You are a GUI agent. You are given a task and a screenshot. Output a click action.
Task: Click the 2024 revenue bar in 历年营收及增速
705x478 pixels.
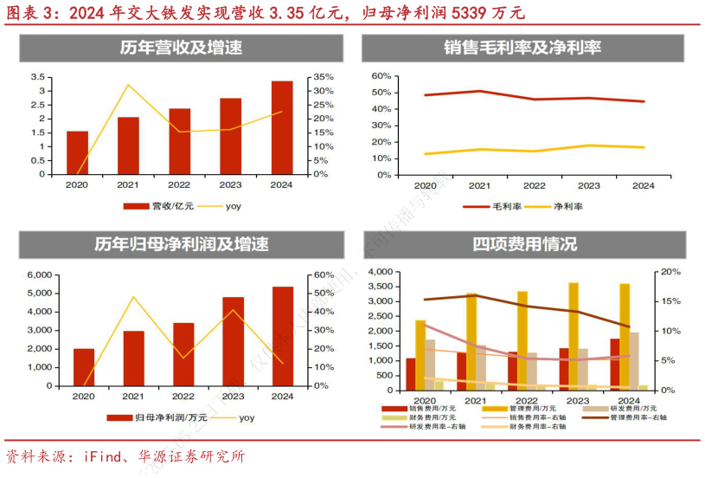pos(281,127)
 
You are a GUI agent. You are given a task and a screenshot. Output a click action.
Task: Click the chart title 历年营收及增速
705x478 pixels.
pos(181,48)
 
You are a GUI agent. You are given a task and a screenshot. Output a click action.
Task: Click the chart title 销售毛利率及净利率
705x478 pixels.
pos(534,48)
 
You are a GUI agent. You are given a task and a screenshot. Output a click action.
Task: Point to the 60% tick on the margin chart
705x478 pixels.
pos(381,75)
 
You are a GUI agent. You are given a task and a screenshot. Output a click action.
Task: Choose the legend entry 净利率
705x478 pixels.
pos(568,207)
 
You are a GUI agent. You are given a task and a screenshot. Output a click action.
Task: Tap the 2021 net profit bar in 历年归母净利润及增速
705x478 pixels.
pos(133,358)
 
